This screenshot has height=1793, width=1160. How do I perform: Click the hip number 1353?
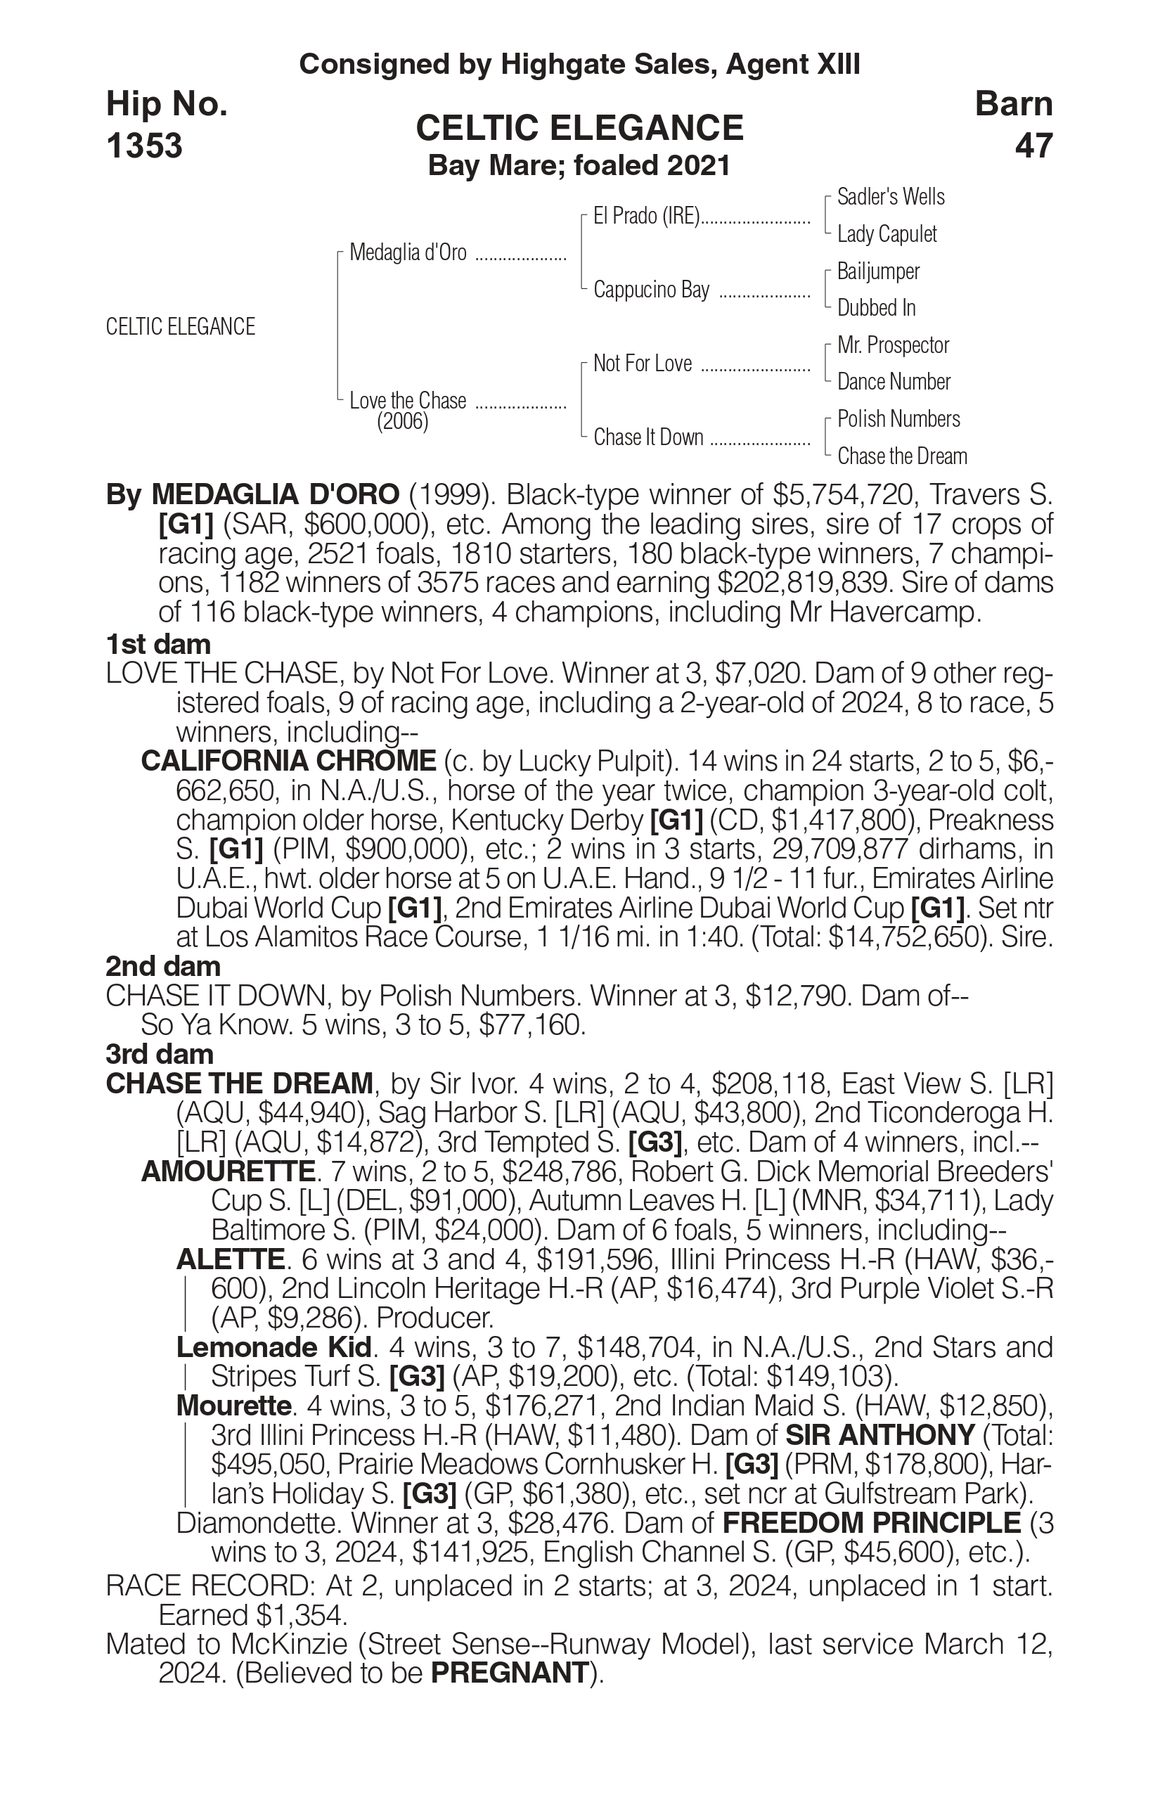click(x=145, y=146)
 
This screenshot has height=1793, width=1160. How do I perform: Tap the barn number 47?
click(x=1033, y=146)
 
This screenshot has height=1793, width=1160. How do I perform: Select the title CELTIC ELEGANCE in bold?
click(x=579, y=128)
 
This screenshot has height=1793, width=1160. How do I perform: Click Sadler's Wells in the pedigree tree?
click(x=890, y=198)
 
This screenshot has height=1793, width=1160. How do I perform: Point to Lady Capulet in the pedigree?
click(x=887, y=234)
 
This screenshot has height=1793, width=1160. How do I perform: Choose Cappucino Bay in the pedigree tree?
click(x=651, y=290)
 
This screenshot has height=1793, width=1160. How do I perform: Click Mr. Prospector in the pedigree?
click(x=893, y=345)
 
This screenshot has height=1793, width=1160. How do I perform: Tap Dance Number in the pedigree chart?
click(x=894, y=382)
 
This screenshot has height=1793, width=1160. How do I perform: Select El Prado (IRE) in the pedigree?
click(x=646, y=217)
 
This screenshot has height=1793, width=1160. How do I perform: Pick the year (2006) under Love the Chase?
click(x=402, y=422)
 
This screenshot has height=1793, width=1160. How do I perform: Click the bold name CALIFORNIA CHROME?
click(x=288, y=761)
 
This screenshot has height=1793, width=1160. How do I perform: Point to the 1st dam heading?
click(x=158, y=644)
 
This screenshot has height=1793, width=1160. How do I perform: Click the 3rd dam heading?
click(x=160, y=1054)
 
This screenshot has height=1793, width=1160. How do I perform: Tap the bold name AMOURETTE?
click(x=228, y=1171)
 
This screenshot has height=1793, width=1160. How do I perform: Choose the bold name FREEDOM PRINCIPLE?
click(x=872, y=1522)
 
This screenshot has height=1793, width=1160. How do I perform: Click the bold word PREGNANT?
click(x=509, y=1673)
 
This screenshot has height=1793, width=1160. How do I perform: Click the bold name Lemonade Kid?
click(x=274, y=1347)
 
